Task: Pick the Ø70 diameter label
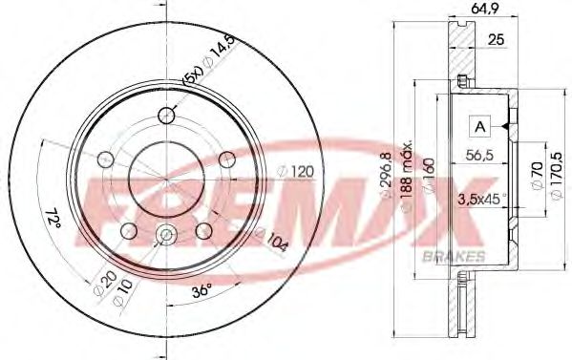pyautogui.click(x=534, y=180)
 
